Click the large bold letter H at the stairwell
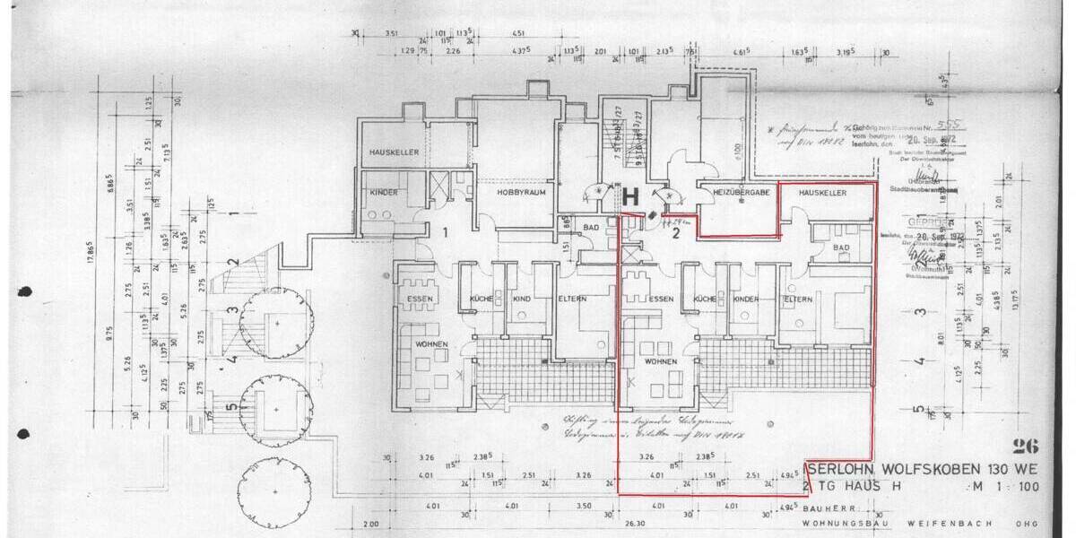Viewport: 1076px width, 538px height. [629, 196]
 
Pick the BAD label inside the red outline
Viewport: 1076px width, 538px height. [840, 247]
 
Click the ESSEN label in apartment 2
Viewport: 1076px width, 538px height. [661, 299]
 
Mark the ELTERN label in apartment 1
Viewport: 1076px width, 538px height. [571, 299]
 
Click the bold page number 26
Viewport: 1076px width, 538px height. [1023, 446]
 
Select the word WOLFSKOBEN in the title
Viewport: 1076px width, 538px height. [913, 469]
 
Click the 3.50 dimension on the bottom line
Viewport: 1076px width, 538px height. [584, 507]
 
